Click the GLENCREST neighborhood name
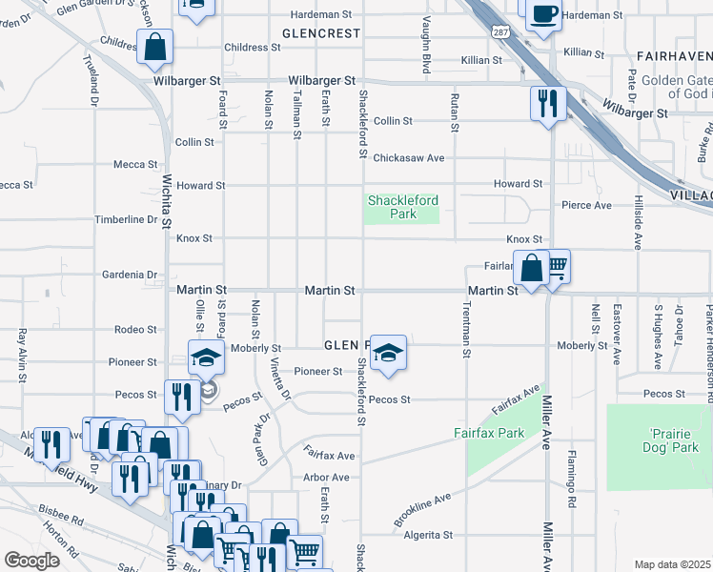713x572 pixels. tap(321, 33)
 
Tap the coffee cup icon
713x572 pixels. tap(543, 15)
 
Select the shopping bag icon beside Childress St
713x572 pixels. tap(154, 48)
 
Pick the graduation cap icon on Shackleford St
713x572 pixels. tap(388, 353)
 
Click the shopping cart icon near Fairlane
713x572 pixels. tap(555, 267)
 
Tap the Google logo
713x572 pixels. tap(32, 560)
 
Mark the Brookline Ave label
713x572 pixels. tap(422, 511)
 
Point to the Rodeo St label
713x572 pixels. tap(135, 330)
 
